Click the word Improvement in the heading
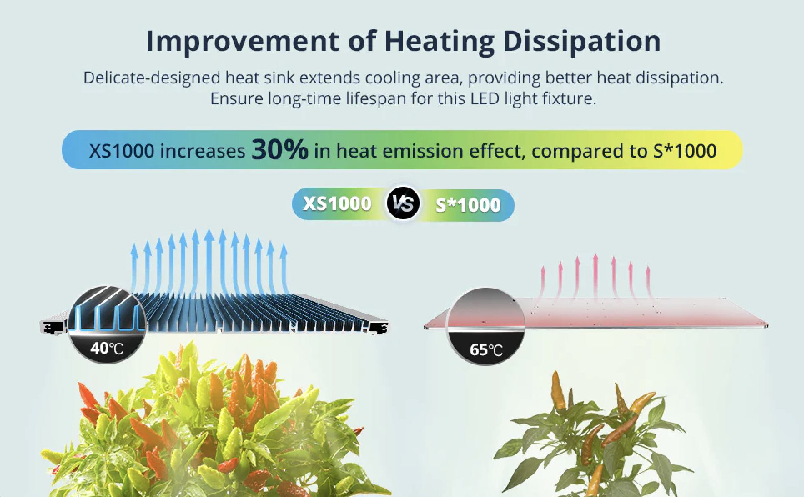pyautogui.click(x=242, y=42)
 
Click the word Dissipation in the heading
pyautogui.click(x=582, y=42)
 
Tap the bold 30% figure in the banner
pyautogui.click(x=280, y=150)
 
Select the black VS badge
pyautogui.click(x=403, y=204)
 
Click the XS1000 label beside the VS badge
pyautogui.click(x=337, y=204)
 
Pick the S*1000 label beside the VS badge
pyautogui.click(x=468, y=205)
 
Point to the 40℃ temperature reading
pyautogui.click(x=107, y=348)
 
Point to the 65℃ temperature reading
pyautogui.click(x=486, y=349)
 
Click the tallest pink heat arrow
pyautogui.click(x=595, y=275)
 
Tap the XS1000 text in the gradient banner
pyautogui.click(x=121, y=151)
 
